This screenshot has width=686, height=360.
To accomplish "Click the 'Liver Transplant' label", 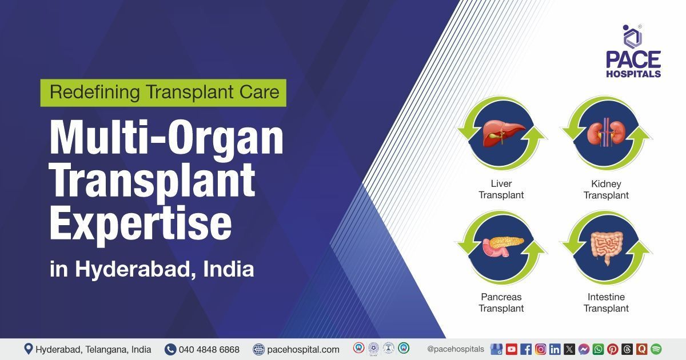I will pyautogui.click(x=501, y=189).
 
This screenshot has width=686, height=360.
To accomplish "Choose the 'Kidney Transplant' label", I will pyautogui.click(x=606, y=189).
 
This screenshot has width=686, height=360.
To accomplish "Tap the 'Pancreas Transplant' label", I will pyautogui.click(x=501, y=302).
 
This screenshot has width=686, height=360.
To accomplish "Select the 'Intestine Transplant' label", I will pyautogui.click(x=606, y=302).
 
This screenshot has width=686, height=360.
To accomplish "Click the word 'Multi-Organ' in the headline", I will pyautogui.click(x=166, y=139).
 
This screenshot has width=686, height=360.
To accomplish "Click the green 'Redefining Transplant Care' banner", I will pyautogui.click(x=163, y=93).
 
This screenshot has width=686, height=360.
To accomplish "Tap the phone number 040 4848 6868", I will pyautogui.click(x=209, y=349).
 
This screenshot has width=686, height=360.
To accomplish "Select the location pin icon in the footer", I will pyautogui.click(x=28, y=349).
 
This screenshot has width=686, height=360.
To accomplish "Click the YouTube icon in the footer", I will pyautogui.click(x=511, y=349).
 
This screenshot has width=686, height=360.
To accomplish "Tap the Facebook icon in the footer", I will pyautogui.click(x=526, y=349).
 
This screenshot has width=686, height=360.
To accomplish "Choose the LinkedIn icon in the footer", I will pyautogui.click(x=555, y=349).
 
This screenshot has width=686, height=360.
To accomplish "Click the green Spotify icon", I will pyautogui.click(x=656, y=349).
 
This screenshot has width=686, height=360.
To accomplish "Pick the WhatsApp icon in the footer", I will pyautogui.click(x=598, y=349).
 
